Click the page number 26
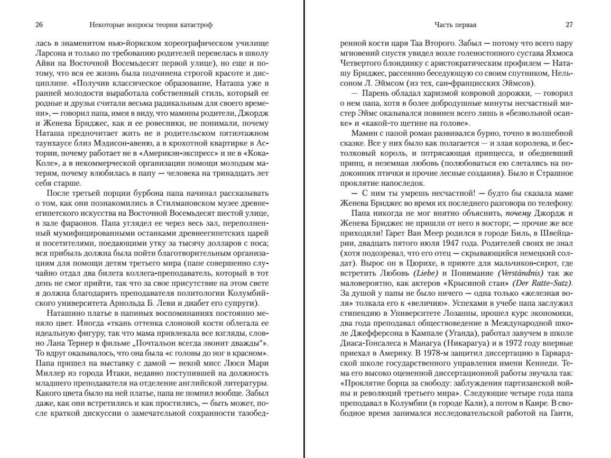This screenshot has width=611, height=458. coord(39,25)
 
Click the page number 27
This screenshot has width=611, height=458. coord(569,25)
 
